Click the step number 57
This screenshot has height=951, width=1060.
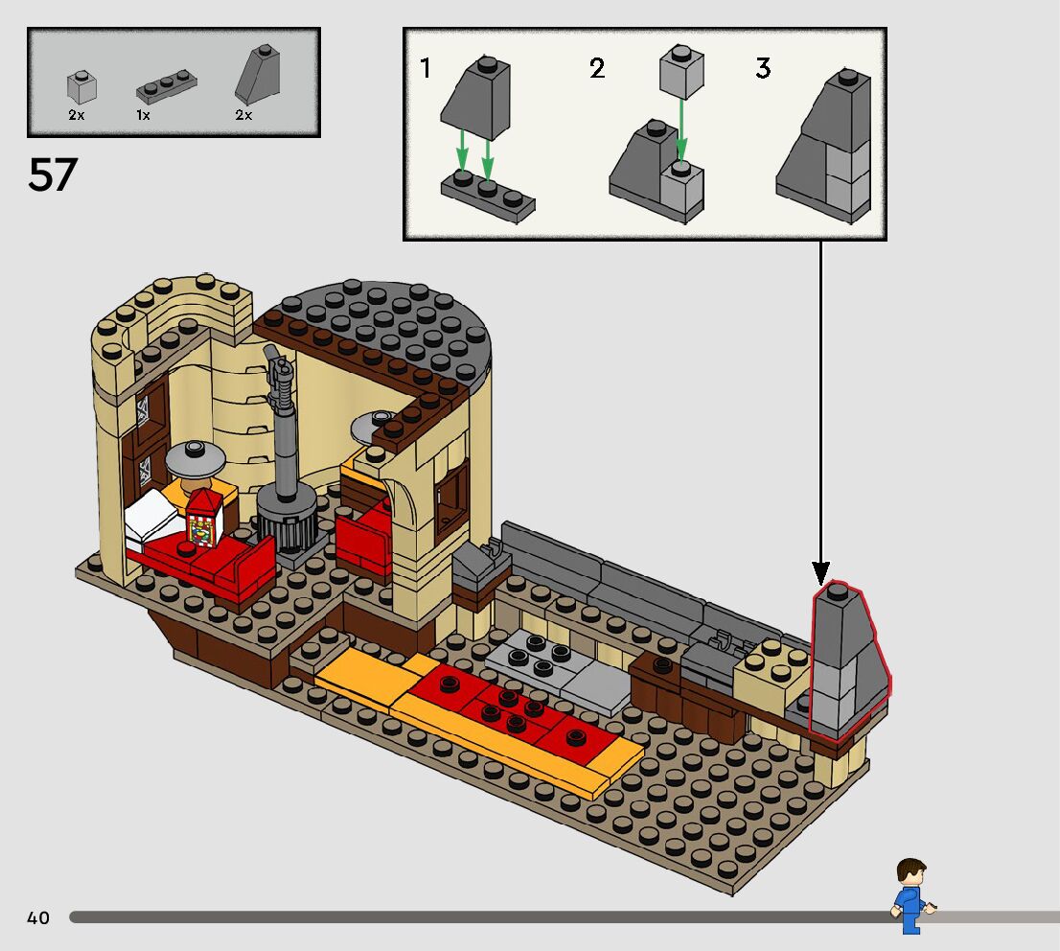click(53, 175)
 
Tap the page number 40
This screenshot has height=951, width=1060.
click(37, 918)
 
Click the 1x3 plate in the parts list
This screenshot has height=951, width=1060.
click(168, 89)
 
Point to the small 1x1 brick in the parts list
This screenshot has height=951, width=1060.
click(81, 88)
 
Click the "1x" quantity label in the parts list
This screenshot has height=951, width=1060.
click(144, 115)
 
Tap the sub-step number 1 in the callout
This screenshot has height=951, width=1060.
click(426, 69)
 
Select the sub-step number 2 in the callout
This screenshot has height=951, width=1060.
click(597, 69)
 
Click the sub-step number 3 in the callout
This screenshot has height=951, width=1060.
click(763, 69)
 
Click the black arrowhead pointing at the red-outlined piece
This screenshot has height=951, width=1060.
click(821, 572)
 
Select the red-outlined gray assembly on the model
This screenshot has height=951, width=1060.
click(846, 661)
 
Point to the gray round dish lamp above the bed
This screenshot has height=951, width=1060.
click(196, 459)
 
